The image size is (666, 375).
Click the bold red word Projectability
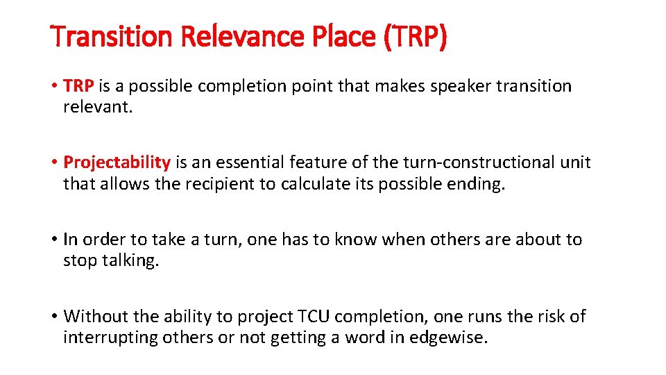117,162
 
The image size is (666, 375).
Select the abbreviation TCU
315,317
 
